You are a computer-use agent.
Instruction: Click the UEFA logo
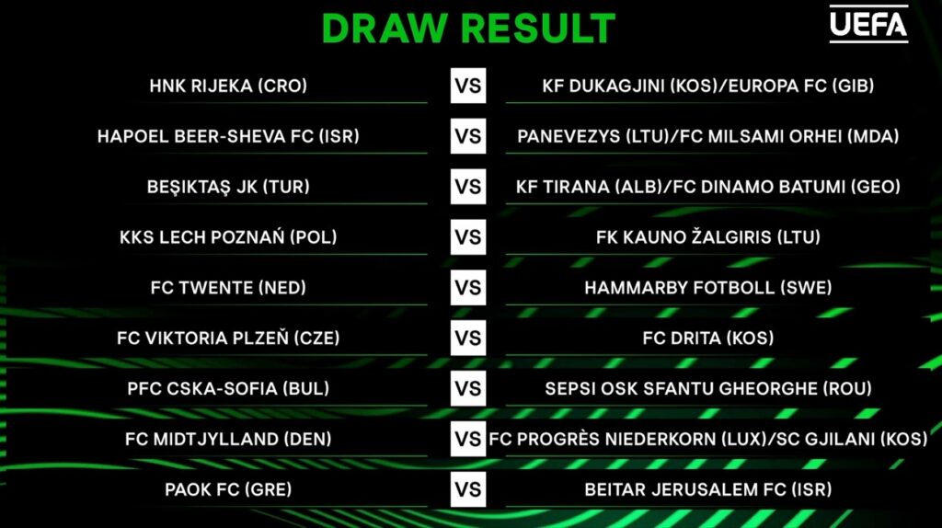[x=868, y=24]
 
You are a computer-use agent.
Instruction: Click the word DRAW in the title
[x=385, y=29]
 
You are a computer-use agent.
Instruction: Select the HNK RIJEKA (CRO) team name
[x=228, y=86]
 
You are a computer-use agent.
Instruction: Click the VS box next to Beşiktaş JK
[x=468, y=187]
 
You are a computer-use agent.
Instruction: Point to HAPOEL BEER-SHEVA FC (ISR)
[x=228, y=136]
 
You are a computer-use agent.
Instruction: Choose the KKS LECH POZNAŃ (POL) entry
[x=228, y=237]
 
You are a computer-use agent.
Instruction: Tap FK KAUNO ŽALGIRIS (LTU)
[x=708, y=236]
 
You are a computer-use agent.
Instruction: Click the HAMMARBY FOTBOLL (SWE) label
[x=708, y=288]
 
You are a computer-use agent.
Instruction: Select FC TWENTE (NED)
[x=228, y=288]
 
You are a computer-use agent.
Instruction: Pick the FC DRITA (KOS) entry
[x=708, y=339]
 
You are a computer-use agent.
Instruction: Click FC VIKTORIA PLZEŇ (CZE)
[x=228, y=339]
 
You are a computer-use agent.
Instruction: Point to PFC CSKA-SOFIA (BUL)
[x=228, y=389]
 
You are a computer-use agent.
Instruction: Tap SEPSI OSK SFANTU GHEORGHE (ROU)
[x=708, y=389]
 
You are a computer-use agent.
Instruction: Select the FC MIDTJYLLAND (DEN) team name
[x=228, y=439]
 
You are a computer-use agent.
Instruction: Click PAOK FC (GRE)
[x=228, y=489]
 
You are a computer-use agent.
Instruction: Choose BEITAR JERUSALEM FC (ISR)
[x=708, y=489]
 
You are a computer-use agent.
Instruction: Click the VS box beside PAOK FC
[x=468, y=489]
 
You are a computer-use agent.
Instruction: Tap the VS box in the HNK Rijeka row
[x=468, y=86]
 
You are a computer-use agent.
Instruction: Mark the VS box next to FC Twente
[x=468, y=288]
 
